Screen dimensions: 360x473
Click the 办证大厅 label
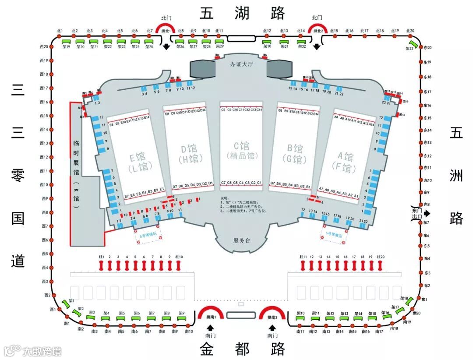242,64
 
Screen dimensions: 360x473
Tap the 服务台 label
241,240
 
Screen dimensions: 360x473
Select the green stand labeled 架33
411,44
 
